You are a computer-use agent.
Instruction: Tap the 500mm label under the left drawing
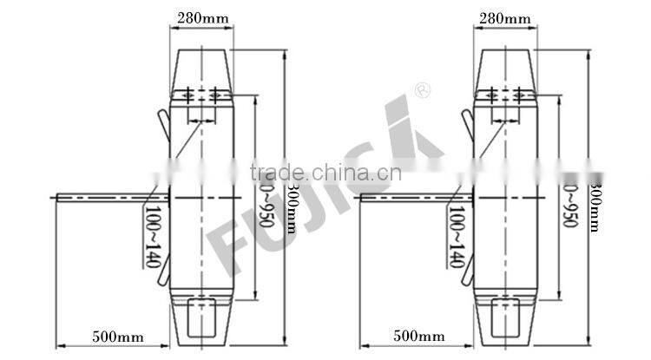pyautogui.click(x=115, y=335)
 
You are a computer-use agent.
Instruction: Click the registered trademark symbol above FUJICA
pyautogui.click(x=423, y=89)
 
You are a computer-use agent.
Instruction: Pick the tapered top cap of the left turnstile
pyautogui.click(x=205, y=69)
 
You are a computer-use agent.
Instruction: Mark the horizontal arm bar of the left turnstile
pyautogui.click(x=104, y=198)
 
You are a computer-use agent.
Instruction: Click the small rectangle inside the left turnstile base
pyautogui.click(x=203, y=313)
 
